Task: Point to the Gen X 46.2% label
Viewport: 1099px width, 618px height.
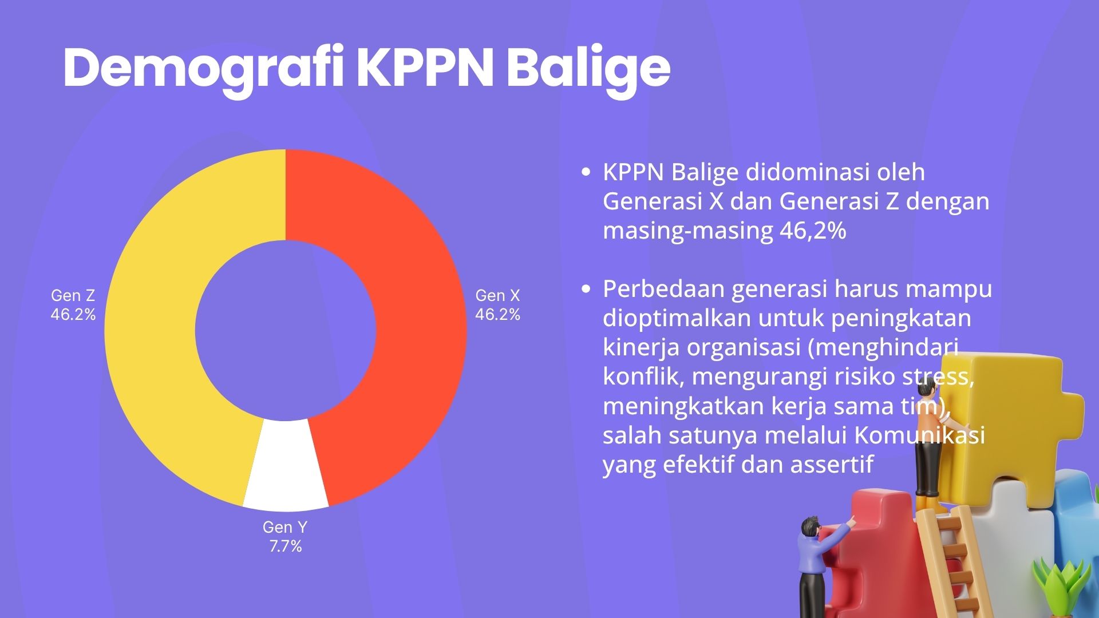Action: tap(497, 305)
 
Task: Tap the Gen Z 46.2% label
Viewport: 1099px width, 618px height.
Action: tap(73, 305)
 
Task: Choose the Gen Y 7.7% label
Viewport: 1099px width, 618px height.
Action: tap(285, 537)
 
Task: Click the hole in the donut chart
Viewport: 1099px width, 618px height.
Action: tap(286, 330)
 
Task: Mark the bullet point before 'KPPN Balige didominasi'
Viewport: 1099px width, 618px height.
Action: tap(585, 172)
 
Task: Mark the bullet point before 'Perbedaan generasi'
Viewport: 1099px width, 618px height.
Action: tap(585, 289)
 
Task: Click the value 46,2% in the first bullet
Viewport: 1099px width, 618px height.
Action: tap(813, 231)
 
